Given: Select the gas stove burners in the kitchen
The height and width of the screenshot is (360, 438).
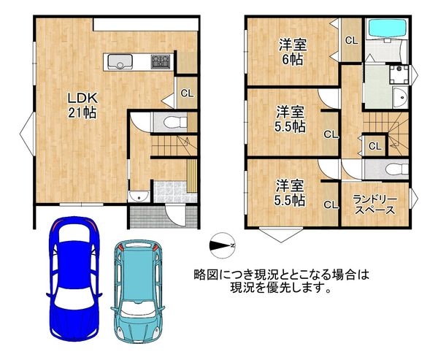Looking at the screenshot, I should [161, 61].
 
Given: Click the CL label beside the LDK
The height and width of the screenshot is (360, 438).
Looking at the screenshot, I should [187, 93].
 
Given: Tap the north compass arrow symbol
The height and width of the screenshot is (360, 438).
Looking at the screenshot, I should [221, 245].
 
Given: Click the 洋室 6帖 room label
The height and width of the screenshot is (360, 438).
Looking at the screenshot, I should [291, 52].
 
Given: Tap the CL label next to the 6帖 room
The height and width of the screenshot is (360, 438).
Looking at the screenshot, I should [351, 40].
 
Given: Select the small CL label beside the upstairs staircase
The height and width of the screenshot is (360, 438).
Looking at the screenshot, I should [374, 146].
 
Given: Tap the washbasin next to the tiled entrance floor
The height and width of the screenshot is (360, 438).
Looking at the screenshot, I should [137, 196].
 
